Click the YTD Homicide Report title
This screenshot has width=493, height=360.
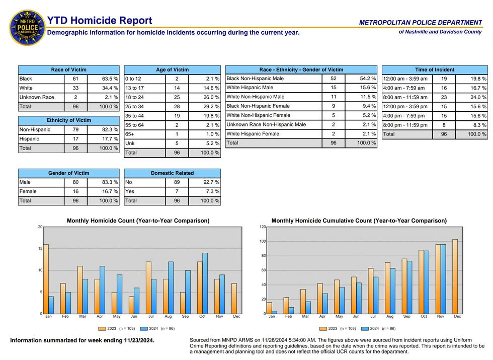click(x=99, y=21)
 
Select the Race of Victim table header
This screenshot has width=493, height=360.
click(x=68, y=69)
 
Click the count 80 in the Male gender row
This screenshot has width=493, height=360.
click(x=75, y=182)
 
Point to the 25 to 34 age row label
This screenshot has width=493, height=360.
click(x=135, y=107)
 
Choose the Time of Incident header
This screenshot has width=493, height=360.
click(x=434, y=69)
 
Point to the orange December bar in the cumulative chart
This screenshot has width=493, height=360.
click(x=455, y=276)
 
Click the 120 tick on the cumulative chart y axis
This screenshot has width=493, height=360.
click(x=262, y=227)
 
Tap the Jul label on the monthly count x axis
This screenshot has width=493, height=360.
click(x=151, y=317)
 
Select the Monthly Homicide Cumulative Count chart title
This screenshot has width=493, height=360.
click(x=359, y=221)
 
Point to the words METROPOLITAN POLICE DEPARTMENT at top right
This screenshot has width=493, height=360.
click(x=420, y=22)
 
